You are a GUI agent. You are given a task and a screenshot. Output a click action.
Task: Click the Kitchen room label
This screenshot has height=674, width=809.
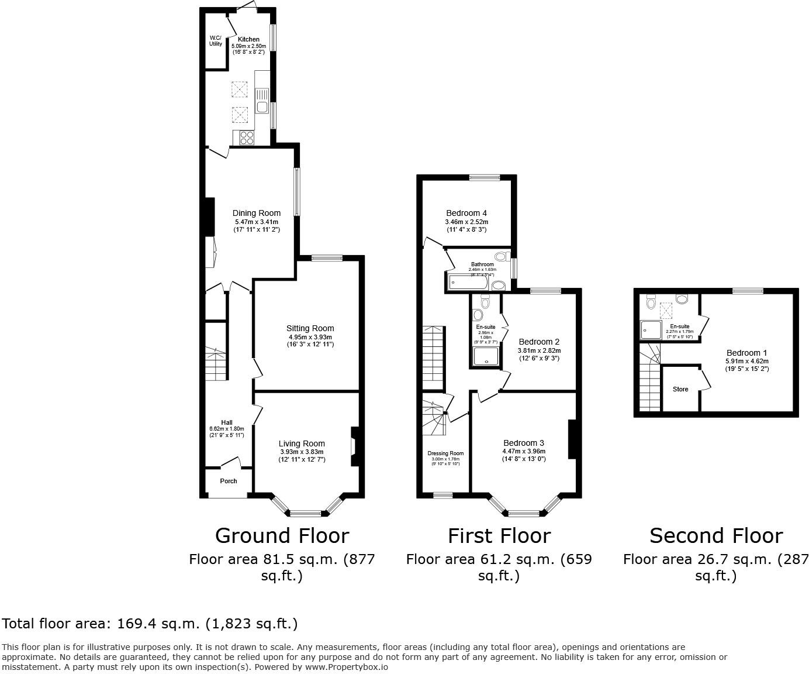point(248,39)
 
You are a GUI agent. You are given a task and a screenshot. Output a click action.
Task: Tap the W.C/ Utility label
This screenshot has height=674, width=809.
point(216,41)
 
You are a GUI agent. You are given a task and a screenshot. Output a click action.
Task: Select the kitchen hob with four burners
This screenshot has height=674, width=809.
point(247,137)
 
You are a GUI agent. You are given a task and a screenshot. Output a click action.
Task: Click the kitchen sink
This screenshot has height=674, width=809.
point(262,101)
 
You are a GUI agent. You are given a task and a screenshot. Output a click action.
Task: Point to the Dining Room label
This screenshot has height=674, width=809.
point(256,213)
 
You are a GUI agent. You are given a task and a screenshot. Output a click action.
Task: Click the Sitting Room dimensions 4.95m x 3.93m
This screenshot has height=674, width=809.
point(310,337)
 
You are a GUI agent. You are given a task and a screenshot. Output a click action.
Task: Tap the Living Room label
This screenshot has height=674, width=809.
point(301,443)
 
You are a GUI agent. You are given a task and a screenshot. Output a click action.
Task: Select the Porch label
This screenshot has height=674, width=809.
point(229,481)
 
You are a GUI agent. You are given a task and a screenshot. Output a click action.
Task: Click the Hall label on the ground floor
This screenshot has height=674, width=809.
point(227,422)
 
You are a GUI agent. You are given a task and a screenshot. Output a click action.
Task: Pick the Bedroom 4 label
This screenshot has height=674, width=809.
point(466,213)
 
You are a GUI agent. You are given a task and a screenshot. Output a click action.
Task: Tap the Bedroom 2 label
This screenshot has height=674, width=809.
point(539,342)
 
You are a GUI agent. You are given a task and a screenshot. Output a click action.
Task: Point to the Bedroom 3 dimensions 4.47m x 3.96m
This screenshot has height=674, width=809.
point(524,451)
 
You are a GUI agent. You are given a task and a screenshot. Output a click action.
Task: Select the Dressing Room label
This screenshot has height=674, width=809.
point(445,453)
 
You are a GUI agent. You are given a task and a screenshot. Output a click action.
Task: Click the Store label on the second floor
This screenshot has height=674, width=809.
point(680,389)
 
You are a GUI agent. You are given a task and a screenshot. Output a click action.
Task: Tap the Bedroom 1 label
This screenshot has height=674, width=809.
point(746,353)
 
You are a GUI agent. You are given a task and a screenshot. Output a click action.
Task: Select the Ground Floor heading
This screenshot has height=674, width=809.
point(282,535)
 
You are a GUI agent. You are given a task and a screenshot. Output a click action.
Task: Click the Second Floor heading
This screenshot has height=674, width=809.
point(715,535)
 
